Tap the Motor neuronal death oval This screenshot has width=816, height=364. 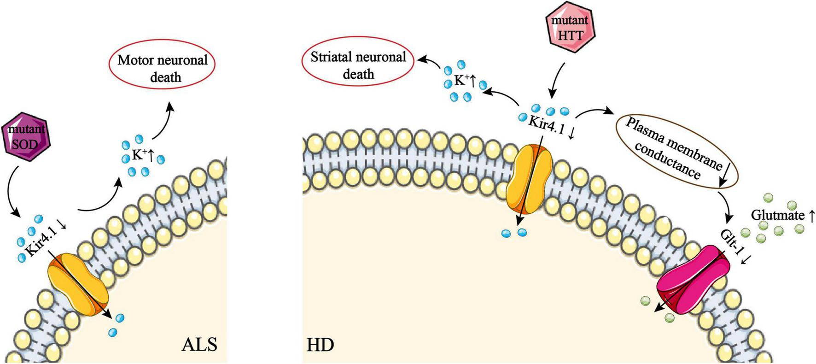point(162,68)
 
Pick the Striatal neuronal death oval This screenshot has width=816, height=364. point(358,65)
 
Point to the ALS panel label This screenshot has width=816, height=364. point(198,344)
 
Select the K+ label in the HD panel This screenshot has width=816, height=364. point(463,81)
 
